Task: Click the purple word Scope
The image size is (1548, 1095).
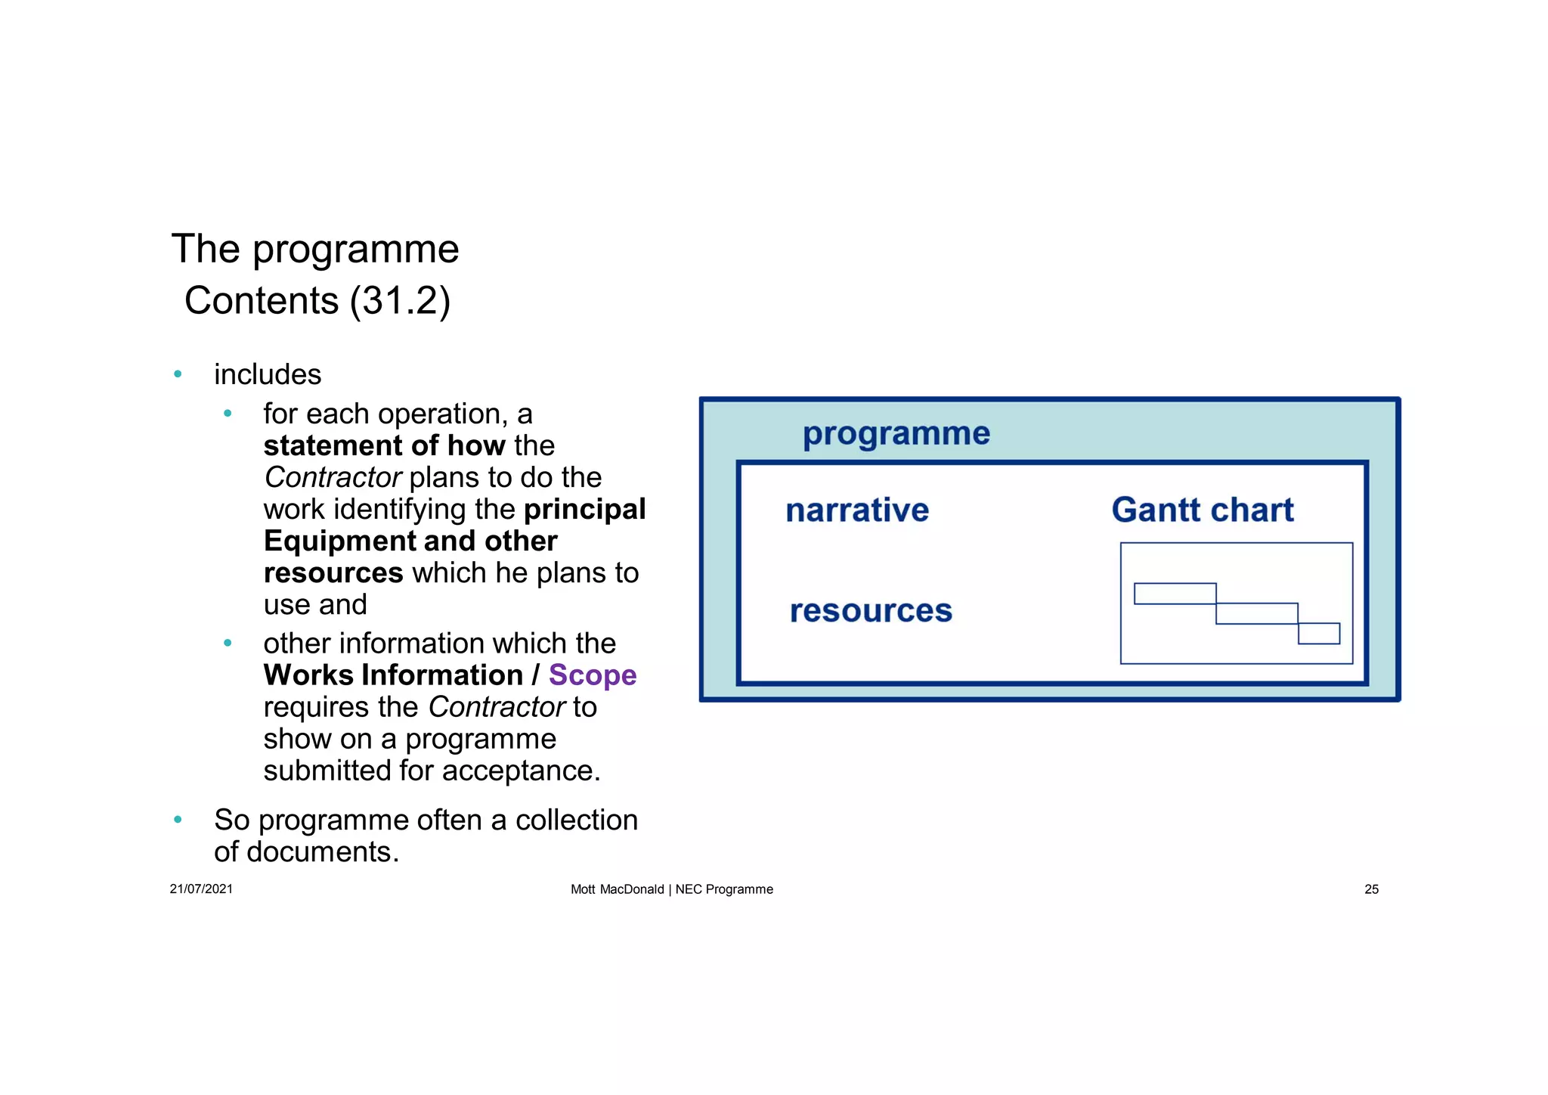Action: [x=592, y=675]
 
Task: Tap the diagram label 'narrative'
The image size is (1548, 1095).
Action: [x=857, y=510]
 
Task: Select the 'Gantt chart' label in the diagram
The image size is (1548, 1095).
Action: [x=1202, y=510]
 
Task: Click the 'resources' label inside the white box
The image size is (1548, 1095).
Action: [x=871, y=611]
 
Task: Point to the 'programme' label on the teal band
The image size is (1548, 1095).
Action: [x=896, y=433]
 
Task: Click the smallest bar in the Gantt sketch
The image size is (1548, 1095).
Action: [x=1318, y=634]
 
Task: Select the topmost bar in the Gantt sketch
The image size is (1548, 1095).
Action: [x=1175, y=594]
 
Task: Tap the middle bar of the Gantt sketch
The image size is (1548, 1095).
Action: [x=1256, y=613]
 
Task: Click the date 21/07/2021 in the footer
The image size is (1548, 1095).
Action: [x=201, y=889]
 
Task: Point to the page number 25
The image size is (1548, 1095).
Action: [x=1371, y=889]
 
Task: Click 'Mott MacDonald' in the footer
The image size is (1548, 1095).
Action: [x=617, y=889]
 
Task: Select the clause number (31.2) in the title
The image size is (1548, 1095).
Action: [x=400, y=301]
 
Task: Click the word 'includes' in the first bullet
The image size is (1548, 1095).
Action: [x=268, y=374]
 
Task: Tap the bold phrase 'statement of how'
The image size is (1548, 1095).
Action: [x=384, y=445]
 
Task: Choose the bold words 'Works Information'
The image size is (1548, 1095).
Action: [x=393, y=675]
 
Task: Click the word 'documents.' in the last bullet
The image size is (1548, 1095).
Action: [x=323, y=852]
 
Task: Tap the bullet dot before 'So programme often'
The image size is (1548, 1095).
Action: [x=178, y=820]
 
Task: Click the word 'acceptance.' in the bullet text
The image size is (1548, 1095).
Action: [x=521, y=771]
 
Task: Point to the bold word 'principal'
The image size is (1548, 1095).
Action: [x=584, y=509]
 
